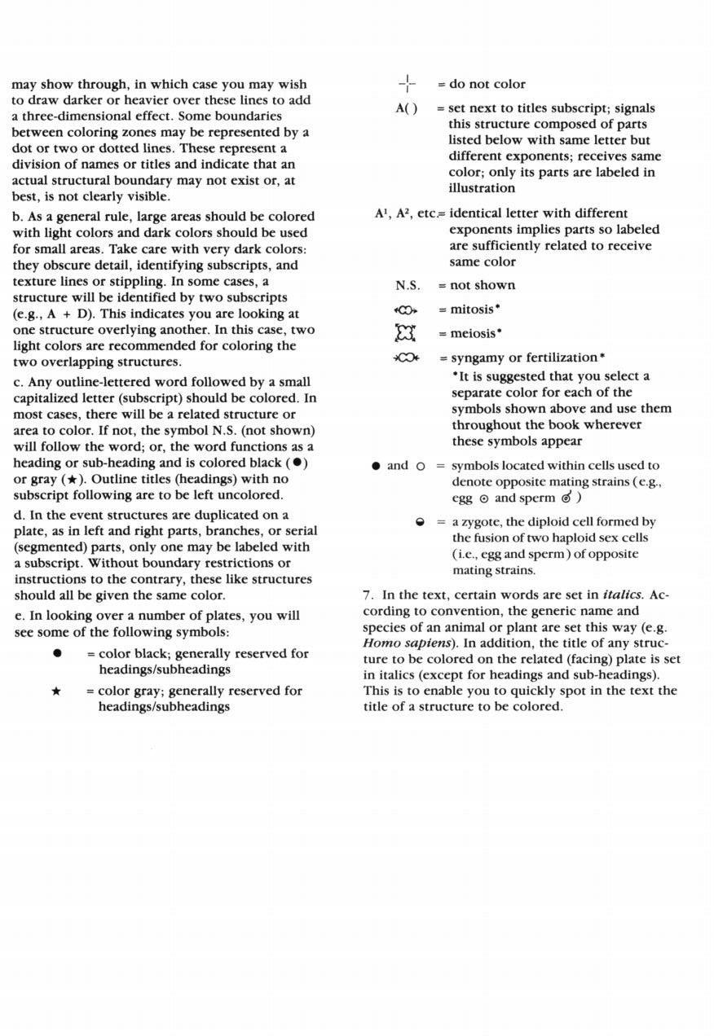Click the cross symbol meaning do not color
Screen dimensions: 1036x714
tap(407, 84)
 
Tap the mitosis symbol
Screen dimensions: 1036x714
tap(406, 310)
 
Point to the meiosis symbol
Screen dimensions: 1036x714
tap(405, 333)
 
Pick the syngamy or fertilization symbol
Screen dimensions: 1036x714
tap(406, 358)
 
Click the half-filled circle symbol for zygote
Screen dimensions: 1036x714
tap(421, 522)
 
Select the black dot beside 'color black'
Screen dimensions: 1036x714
tap(57, 653)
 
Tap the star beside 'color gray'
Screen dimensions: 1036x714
tap(56, 691)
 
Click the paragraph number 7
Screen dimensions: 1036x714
tap(367, 595)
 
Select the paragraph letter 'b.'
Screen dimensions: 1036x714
tap(18, 217)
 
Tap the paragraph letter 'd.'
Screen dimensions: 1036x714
tap(19, 515)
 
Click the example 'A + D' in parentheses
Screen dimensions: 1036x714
tap(61, 314)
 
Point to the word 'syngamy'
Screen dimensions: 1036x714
tap(478, 358)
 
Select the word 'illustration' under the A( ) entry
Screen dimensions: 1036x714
tap(482, 188)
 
